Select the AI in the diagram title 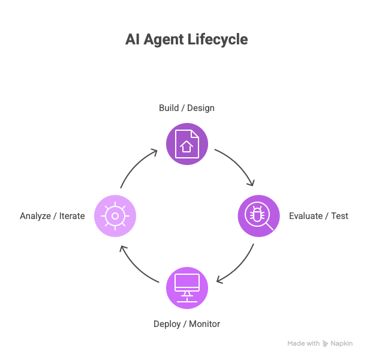132,40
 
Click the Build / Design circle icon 186,144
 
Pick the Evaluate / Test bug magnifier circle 258,215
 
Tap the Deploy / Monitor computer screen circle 186,287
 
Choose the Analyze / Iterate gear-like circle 115,215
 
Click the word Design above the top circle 201,108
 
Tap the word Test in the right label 340,216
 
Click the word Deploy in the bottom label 167,324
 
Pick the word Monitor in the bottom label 204,324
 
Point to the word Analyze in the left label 36,216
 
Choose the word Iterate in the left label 72,216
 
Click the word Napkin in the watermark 342,344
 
